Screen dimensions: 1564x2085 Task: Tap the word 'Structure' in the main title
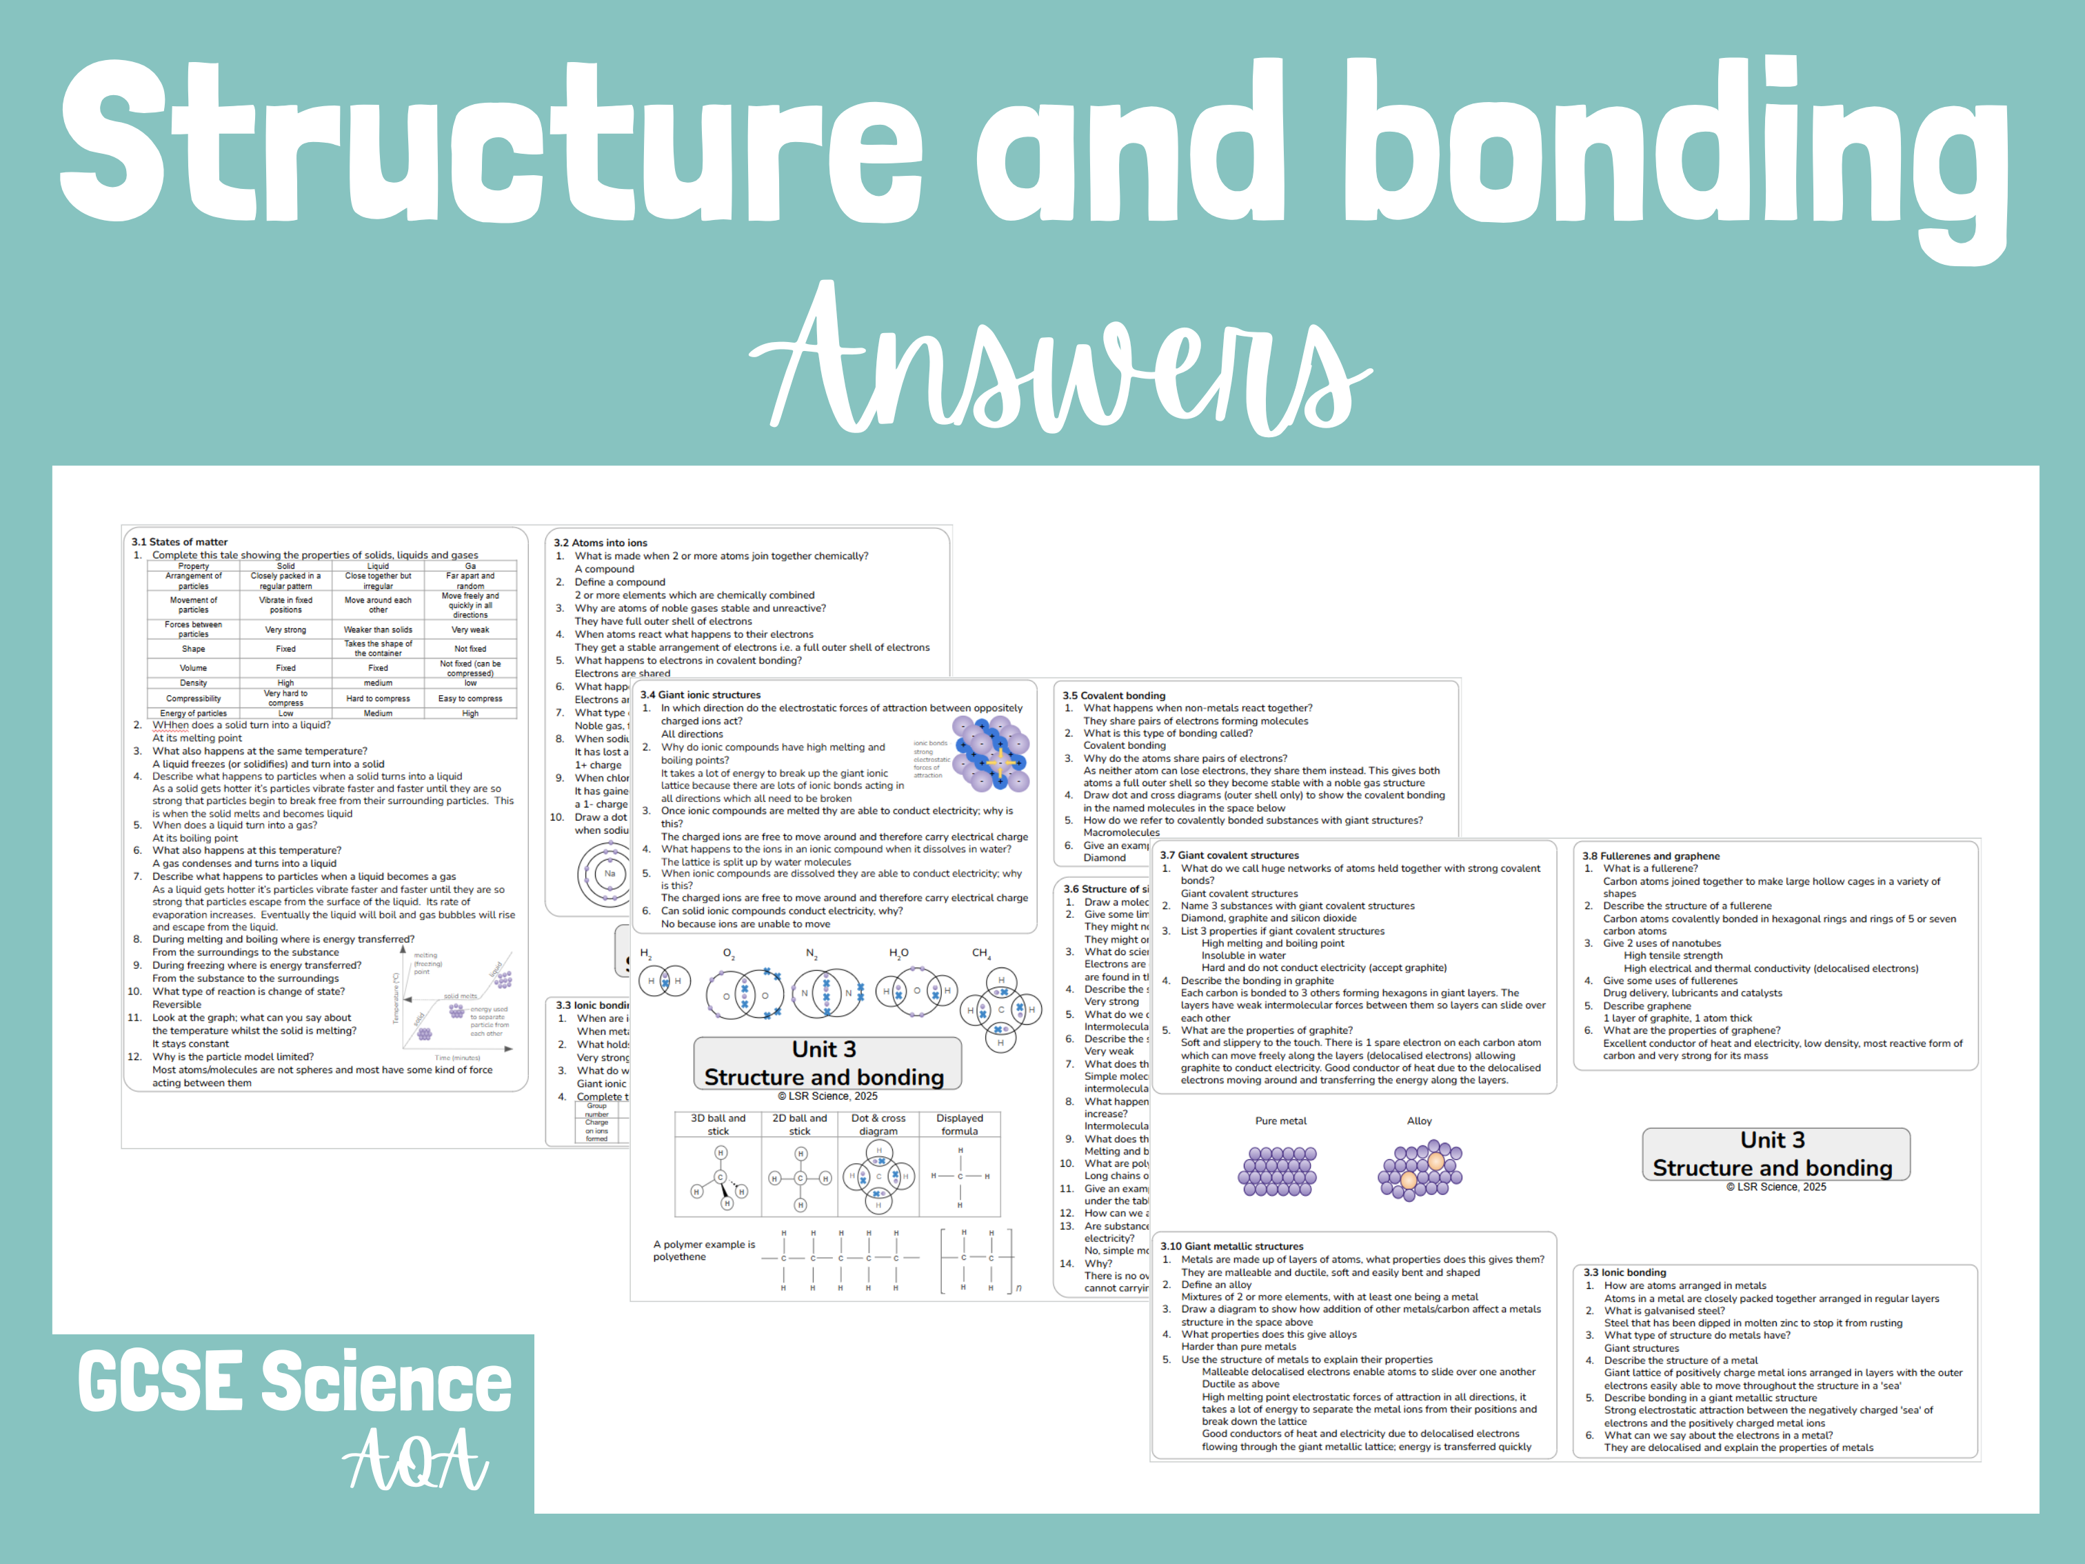(490, 141)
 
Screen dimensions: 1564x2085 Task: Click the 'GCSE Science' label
(294, 1382)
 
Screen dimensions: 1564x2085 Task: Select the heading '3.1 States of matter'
(179, 542)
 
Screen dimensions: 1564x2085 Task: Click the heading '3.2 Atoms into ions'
(601, 543)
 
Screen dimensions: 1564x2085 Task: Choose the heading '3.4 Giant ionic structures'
(701, 695)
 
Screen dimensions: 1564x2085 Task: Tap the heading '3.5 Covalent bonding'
(1114, 696)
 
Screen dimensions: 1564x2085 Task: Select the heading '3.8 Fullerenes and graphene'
(1651, 856)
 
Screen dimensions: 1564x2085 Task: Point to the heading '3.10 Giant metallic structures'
(1231, 1246)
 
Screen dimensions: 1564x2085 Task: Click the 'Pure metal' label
(1280, 1121)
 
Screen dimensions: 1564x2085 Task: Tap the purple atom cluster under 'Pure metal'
(1277, 1171)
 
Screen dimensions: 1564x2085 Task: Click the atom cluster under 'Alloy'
(1420, 1171)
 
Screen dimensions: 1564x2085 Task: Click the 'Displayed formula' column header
(960, 1125)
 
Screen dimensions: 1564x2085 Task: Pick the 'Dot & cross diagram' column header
(878, 1125)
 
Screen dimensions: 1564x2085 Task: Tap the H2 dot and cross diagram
(663, 981)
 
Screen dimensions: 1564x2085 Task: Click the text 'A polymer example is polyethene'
(703, 1250)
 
